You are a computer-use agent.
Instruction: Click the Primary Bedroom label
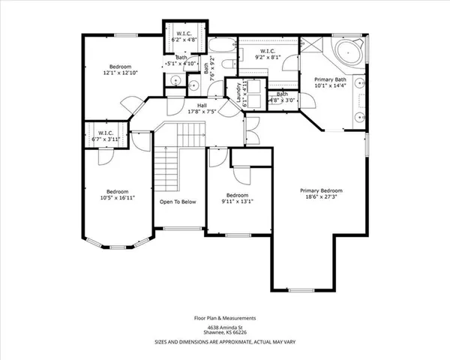tap(319, 190)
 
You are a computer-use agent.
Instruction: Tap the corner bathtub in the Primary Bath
tap(346, 55)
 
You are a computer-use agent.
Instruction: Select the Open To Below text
tap(178, 202)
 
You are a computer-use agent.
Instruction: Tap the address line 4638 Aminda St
tap(225, 327)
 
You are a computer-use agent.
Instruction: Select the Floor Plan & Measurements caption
tap(225, 318)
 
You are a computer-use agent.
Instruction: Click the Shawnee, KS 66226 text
tap(225, 333)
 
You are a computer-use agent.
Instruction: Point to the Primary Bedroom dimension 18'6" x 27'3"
tap(319, 197)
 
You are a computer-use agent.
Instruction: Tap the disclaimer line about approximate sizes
tap(225, 341)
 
